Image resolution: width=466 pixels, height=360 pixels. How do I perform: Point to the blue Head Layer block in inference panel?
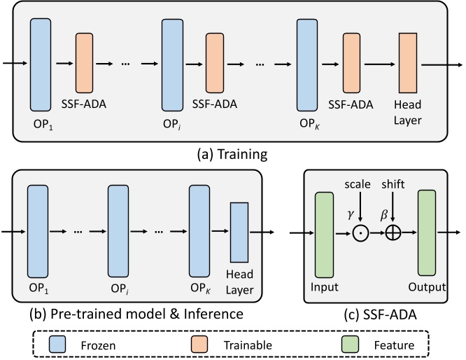click(239, 231)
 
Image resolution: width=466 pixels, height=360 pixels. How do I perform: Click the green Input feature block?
click(325, 235)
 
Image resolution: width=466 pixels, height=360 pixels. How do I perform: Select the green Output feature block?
click(428, 235)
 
